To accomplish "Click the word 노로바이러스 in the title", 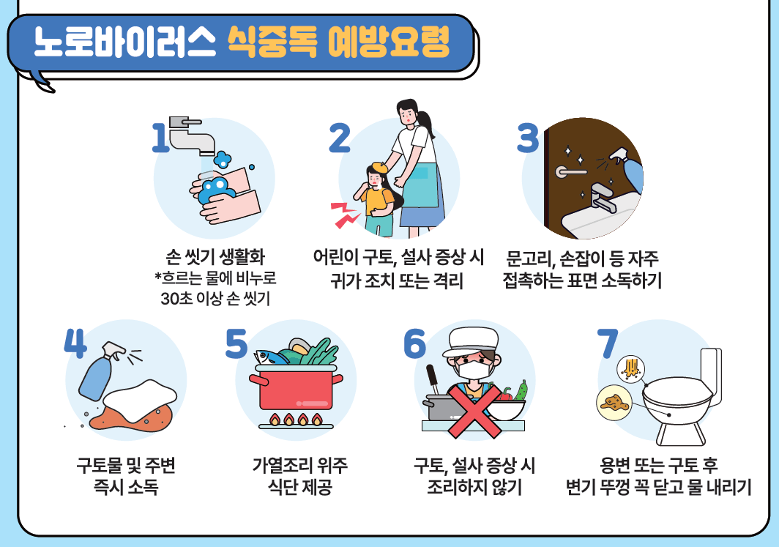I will click(x=125, y=43).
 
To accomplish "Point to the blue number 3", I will click(x=528, y=138).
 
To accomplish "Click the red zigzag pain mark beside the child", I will click(x=343, y=213).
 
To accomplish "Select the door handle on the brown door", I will click(x=572, y=171).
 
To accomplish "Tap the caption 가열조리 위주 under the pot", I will click(x=299, y=465).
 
